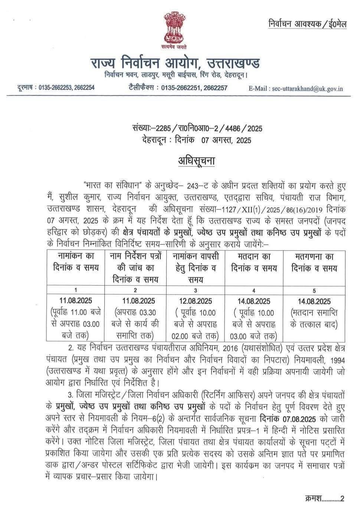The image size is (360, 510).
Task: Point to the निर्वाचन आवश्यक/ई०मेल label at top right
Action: pyautogui.click(x=307, y=24)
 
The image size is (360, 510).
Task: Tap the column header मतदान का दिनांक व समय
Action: pyautogui.click(x=254, y=262)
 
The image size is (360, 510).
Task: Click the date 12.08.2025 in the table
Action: pyautogui.click(x=195, y=301)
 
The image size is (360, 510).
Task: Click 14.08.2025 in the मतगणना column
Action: pyautogui.click(x=314, y=301)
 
